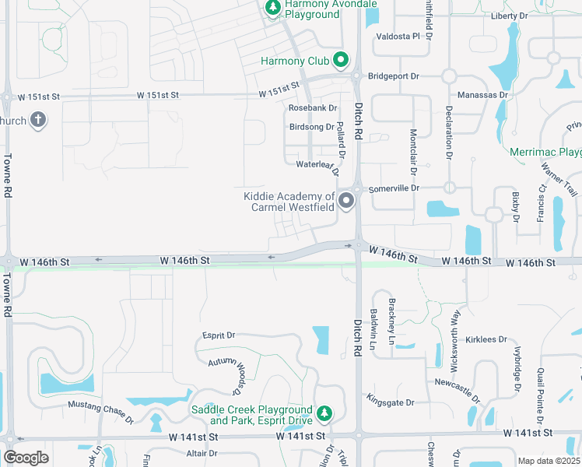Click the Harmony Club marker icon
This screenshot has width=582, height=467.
(x=340, y=60)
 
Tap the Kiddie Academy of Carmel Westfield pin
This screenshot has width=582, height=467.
(x=345, y=202)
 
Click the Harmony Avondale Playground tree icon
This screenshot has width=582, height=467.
(x=272, y=8)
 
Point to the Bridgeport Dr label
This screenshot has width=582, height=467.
(x=394, y=76)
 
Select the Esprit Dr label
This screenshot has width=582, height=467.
(x=219, y=335)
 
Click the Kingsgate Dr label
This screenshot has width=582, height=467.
(x=392, y=402)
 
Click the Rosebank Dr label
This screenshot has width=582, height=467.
(x=313, y=108)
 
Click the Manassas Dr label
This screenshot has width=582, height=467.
(x=483, y=94)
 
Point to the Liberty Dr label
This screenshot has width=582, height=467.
(x=510, y=16)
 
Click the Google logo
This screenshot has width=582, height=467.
(x=26, y=458)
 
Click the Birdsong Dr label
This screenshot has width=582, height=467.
(x=311, y=127)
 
